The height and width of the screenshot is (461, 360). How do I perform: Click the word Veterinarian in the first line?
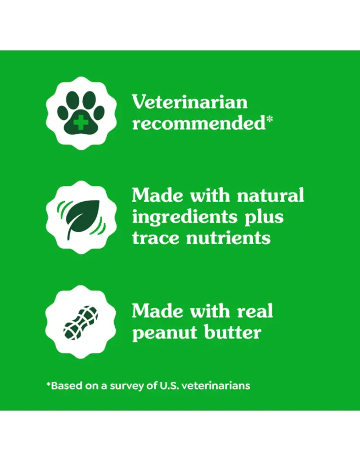pos(189,102)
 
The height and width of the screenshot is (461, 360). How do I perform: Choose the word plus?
pos(263,217)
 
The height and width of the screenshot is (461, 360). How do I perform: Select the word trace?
pos(156,237)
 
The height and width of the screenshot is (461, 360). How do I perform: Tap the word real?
pos(254,311)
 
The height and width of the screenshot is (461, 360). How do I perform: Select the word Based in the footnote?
pos(63,386)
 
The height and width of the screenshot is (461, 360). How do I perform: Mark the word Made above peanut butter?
pos(157,311)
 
